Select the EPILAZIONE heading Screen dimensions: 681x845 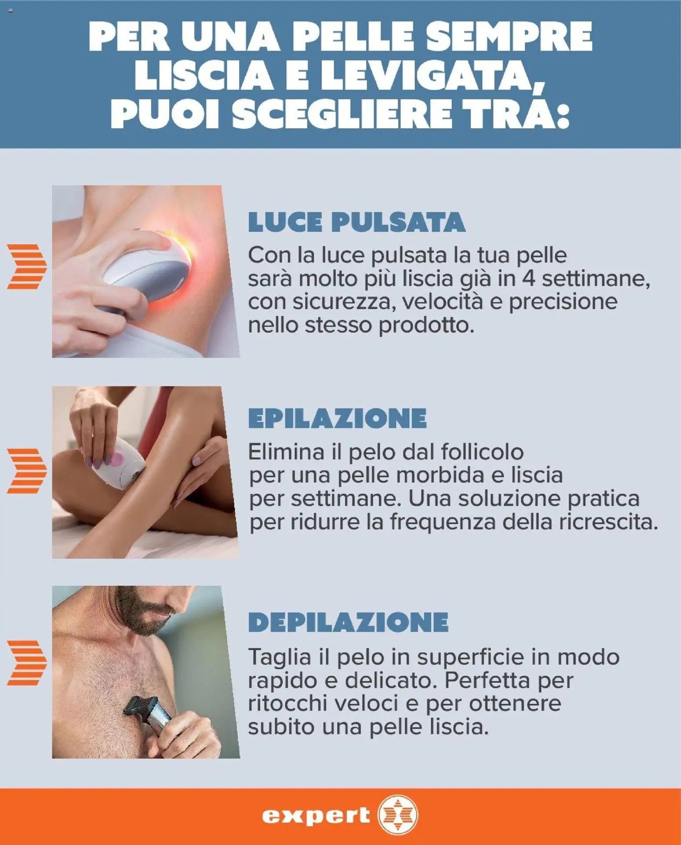[337, 418]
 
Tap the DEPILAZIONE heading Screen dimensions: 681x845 [348, 622]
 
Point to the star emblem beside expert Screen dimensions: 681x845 [398, 815]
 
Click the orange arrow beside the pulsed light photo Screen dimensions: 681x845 [27, 267]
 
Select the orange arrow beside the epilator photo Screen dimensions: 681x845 [27, 471]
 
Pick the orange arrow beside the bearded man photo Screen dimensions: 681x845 [27, 663]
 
